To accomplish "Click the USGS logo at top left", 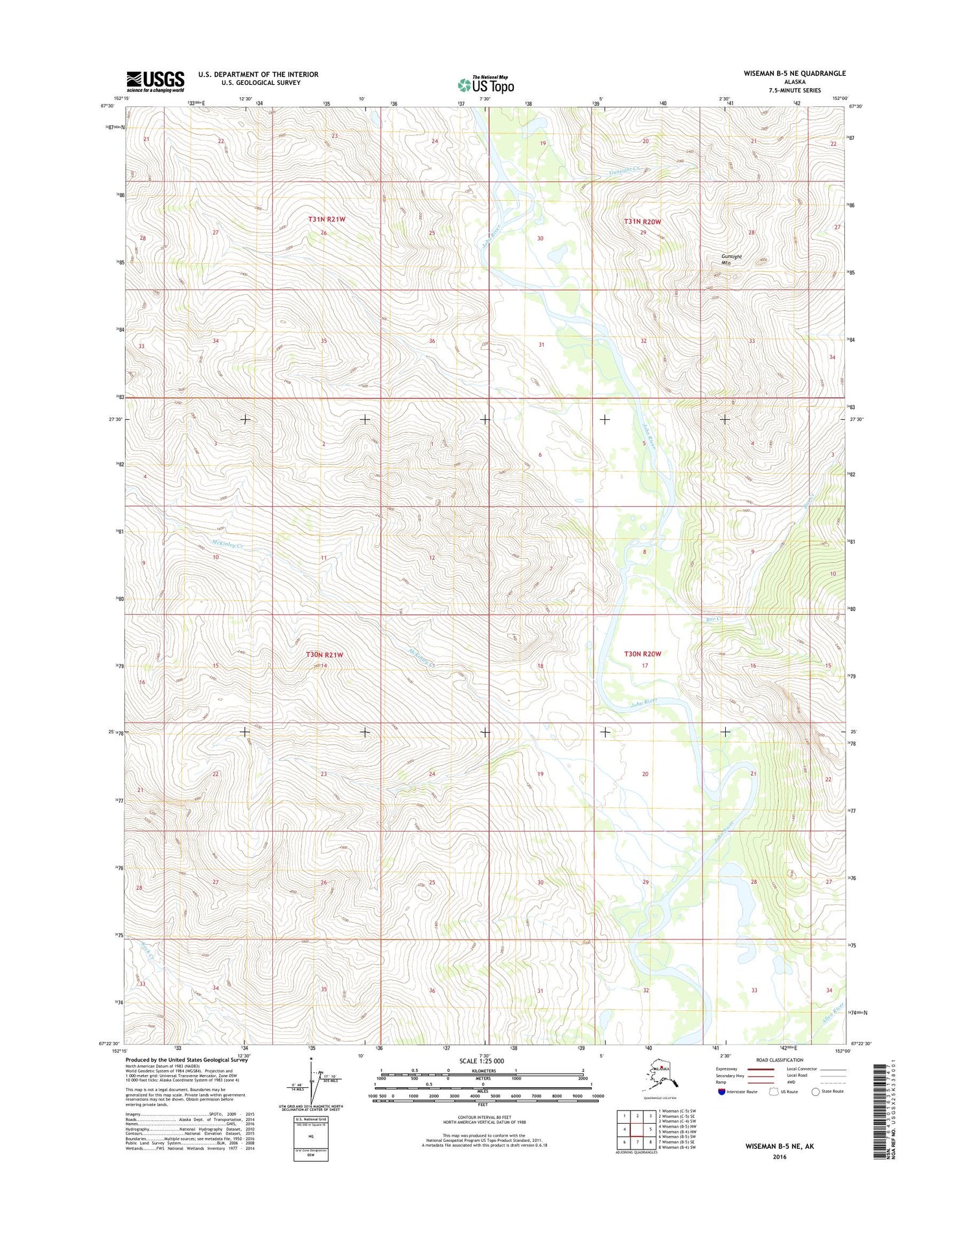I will [x=156, y=82].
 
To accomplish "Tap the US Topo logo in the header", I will [x=486, y=85].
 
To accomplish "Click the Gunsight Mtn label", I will [x=731, y=260].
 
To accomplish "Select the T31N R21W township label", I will [x=327, y=220].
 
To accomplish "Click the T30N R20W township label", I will [x=642, y=654].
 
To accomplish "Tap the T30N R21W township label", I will [x=324, y=655].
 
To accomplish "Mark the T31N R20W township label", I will [x=642, y=222].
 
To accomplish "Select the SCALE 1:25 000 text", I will [x=481, y=1061].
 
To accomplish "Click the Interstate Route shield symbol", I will [x=722, y=1091].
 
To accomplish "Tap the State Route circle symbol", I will [x=815, y=1091].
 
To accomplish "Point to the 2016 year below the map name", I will [x=779, y=1157].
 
